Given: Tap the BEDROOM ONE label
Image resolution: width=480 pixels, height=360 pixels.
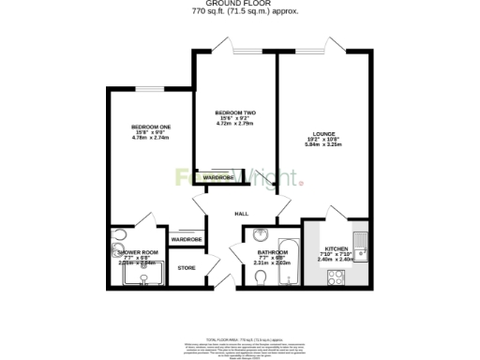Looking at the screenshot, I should coord(150,127).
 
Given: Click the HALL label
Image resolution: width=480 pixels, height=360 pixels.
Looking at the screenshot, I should coord(242,214).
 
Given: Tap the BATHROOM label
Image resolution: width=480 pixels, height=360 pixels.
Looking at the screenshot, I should coord(274,251).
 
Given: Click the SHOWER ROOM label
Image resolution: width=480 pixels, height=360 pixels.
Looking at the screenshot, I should coord(137,252).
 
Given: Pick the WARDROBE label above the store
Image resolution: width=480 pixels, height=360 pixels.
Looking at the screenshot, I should coord(187,240).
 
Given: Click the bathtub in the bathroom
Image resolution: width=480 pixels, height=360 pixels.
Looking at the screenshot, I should coord(290,258).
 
